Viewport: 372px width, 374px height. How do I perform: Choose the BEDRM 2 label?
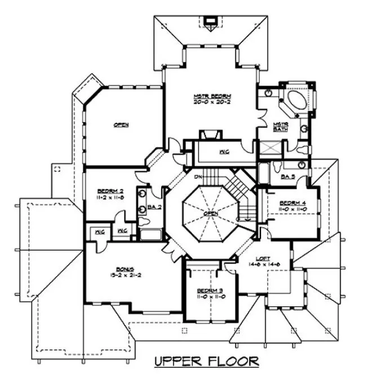(x=110, y=192)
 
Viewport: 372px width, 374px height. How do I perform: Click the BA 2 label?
(x=152, y=207)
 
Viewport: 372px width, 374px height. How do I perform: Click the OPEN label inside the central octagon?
(x=211, y=214)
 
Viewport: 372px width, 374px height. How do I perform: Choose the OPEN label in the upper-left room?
(x=119, y=125)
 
